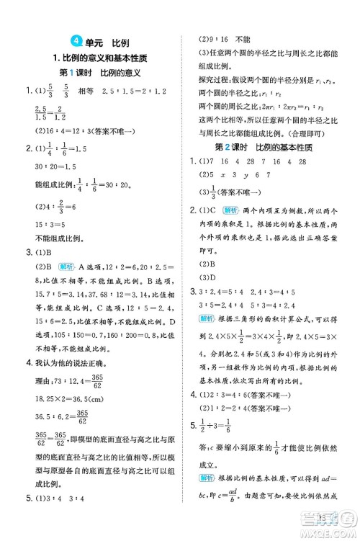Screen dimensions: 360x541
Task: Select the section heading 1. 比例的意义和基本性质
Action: click(x=99, y=58)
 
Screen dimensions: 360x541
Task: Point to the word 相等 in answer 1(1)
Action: click(x=86, y=92)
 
